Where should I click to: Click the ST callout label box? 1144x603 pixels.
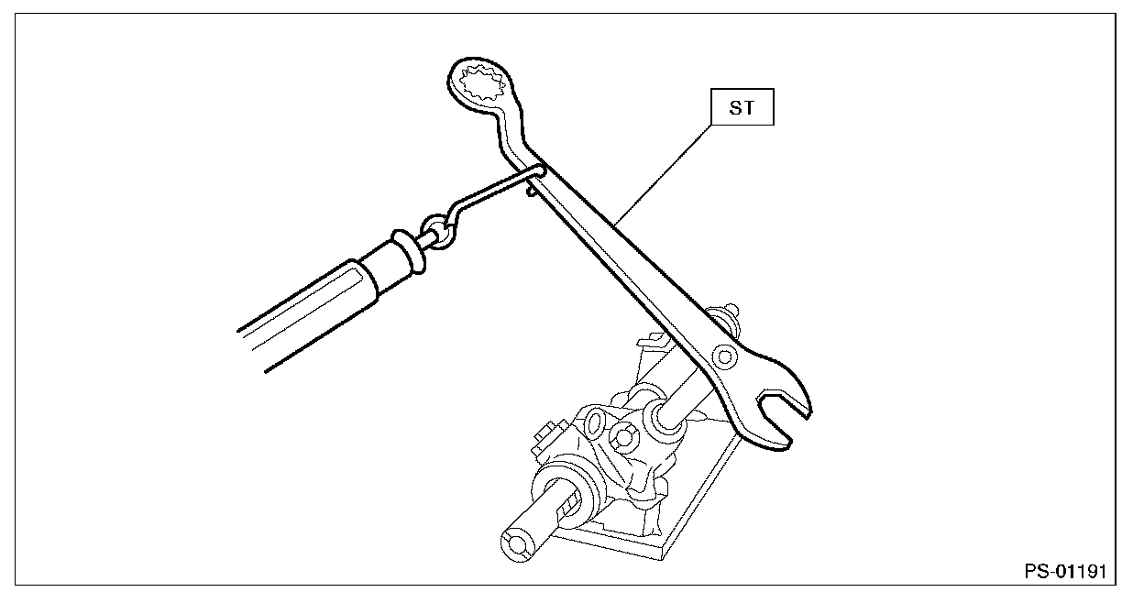tap(743, 109)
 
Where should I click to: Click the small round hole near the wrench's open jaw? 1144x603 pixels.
tap(726, 355)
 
